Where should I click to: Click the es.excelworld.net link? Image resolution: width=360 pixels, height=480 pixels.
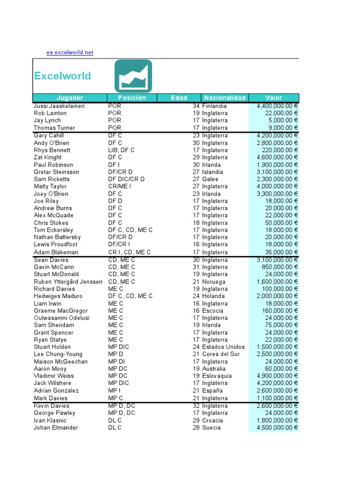pos(70,52)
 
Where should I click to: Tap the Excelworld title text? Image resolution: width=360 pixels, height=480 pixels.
pos(62,76)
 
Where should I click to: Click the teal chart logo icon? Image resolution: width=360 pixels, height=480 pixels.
pos(133,76)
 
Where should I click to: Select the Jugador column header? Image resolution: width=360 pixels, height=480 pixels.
pos(69,98)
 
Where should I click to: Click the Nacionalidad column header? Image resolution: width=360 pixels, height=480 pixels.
pos(225,98)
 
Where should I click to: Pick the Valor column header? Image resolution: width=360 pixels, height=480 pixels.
pos(274,98)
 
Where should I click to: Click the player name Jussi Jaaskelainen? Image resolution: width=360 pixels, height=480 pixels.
pos(59,106)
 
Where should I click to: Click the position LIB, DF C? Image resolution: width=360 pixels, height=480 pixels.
pos(121,150)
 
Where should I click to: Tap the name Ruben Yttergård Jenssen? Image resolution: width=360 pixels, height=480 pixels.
pos(68,282)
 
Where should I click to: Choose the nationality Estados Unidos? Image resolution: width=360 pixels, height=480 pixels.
pos(223,347)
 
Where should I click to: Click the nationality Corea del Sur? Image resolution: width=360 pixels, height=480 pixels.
pos(221,354)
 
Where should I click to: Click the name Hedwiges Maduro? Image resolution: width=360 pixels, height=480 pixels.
pos(58,296)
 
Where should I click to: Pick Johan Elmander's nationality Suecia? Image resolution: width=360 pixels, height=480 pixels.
pos(211,427)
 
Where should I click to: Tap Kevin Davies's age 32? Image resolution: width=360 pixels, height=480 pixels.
pos(196,406)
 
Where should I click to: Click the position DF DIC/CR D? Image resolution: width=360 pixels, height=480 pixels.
pos(127,179)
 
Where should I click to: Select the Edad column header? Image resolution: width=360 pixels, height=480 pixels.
pos(179,98)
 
